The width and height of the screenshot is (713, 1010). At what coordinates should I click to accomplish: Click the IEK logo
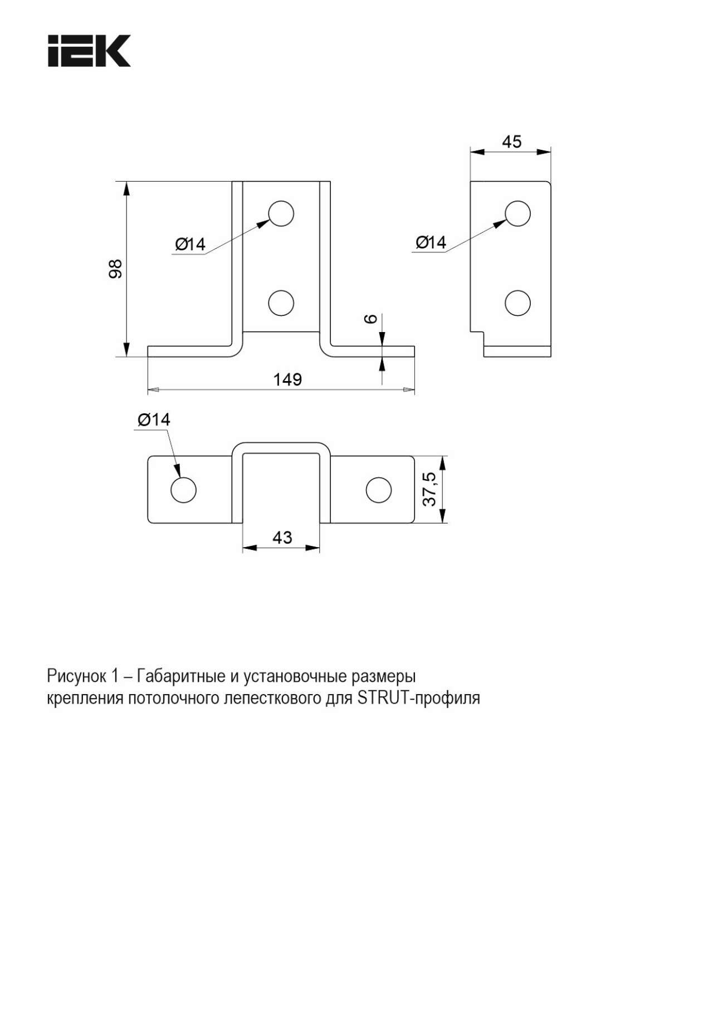(x=89, y=51)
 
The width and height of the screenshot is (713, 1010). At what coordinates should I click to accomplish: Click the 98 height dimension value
(x=115, y=269)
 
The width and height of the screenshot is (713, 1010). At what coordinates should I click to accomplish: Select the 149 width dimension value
(x=287, y=379)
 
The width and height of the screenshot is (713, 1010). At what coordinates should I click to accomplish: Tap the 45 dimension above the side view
(x=511, y=142)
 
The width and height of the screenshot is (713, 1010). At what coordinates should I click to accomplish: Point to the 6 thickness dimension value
(x=371, y=319)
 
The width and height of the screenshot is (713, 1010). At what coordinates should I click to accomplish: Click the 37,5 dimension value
(x=429, y=489)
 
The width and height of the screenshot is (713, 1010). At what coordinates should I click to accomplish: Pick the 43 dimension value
(x=282, y=538)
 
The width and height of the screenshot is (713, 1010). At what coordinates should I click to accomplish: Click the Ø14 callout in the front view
(x=190, y=244)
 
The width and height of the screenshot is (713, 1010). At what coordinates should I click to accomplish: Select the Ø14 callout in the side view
(x=431, y=242)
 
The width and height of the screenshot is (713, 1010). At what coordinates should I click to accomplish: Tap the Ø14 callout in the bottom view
(x=154, y=419)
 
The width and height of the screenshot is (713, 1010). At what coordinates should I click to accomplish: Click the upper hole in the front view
(x=281, y=213)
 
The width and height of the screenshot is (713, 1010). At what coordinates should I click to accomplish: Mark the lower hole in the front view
(x=281, y=303)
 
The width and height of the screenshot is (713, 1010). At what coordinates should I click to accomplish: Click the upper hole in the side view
(x=517, y=213)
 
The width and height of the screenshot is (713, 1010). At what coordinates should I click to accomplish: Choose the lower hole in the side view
(x=517, y=303)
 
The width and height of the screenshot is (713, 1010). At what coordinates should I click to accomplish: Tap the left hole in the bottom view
(x=183, y=490)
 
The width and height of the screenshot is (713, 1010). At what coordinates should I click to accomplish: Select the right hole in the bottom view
(x=378, y=490)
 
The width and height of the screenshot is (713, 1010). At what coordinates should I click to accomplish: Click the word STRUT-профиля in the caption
(x=418, y=698)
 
